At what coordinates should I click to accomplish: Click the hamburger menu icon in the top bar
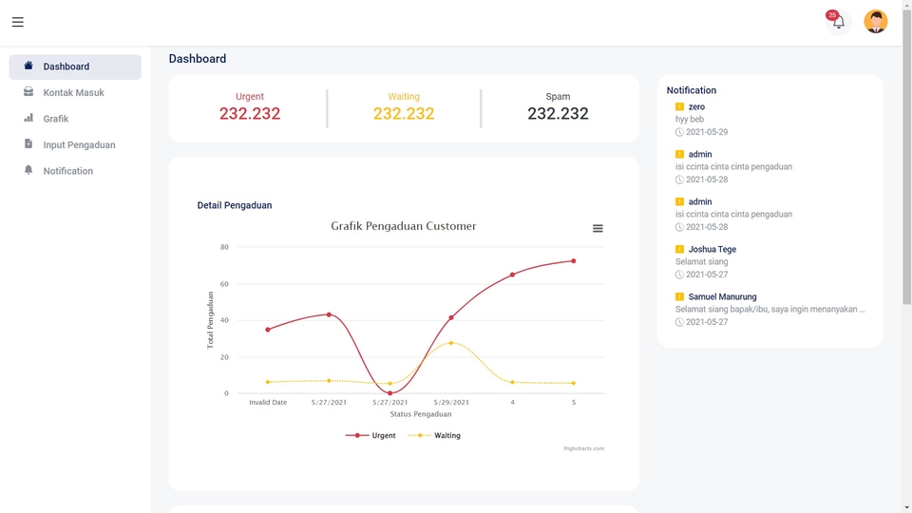click(18, 22)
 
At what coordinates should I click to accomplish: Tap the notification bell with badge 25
click(838, 22)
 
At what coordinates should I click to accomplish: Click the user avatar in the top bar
click(875, 22)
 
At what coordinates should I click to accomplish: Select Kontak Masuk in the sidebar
click(73, 93)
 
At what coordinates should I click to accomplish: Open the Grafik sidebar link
click(56, 119)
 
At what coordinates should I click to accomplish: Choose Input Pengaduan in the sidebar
click(79, 145)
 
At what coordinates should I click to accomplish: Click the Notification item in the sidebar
click(67, 171)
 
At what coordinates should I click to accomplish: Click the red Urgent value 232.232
click(250, 114)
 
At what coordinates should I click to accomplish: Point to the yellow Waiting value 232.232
click(404, 114)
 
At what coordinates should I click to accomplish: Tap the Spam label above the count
click(558, 96)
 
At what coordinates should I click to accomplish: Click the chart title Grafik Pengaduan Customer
click(403, 226)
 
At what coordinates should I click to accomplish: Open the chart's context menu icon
click(598, 228)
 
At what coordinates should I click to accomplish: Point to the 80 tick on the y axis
click(224, 247)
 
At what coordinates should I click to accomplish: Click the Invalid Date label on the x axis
click(268, 403)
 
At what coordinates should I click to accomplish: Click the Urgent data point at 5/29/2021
click(451, 317)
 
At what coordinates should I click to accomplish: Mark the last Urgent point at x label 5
click(573, 261)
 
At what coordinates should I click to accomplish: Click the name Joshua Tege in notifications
click(712, 249)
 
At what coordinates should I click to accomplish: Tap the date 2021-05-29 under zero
click(706, 132)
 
